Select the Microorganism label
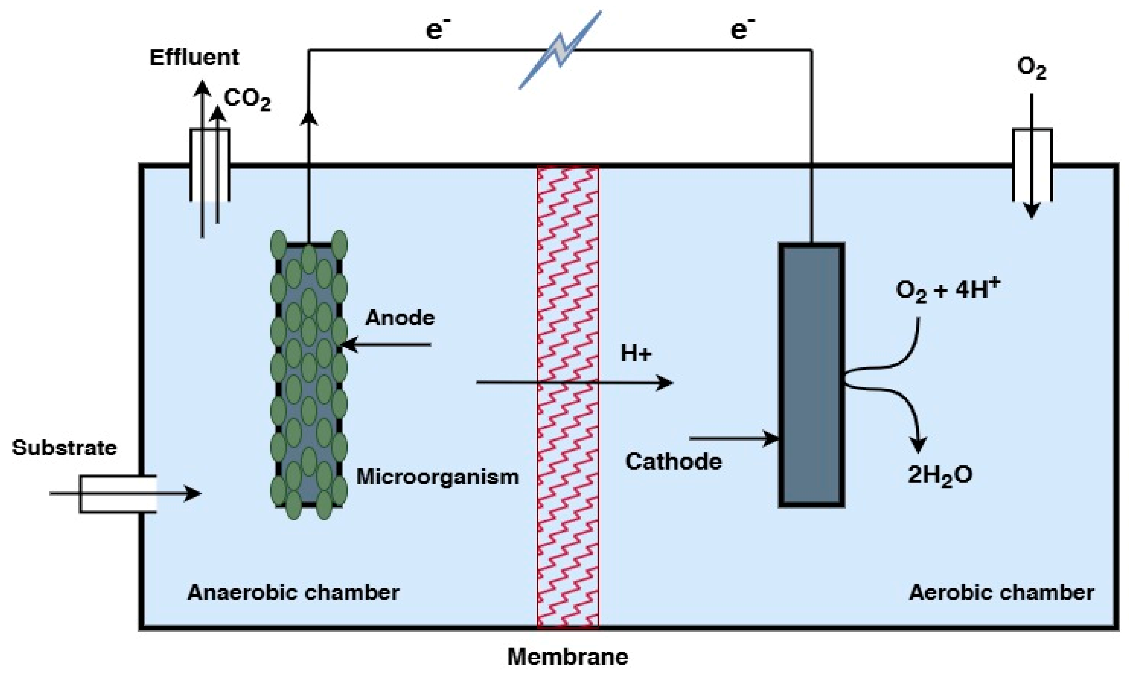tap(437, 477)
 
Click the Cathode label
tap(673, 462)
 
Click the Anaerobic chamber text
tap(293, 593)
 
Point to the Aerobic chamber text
tap(1001, 593)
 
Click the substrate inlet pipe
tap(118, 494)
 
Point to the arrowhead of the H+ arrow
tap(666, 383)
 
